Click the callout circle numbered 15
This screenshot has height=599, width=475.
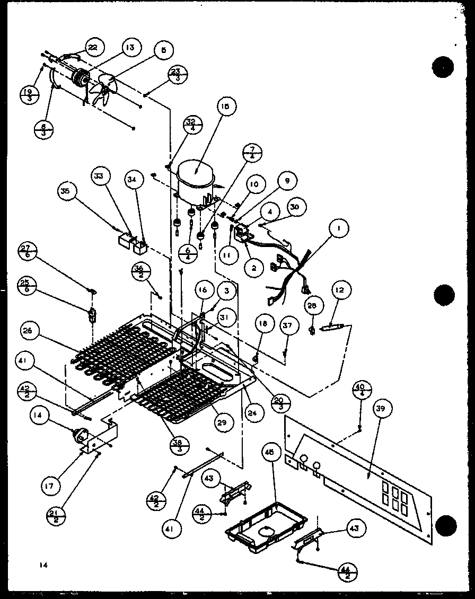tap(226, 107)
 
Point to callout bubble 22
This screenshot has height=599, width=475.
tap(93, 48)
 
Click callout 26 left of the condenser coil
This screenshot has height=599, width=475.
tap(28, 331)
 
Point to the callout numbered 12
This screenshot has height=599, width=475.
tap(340, 290)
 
